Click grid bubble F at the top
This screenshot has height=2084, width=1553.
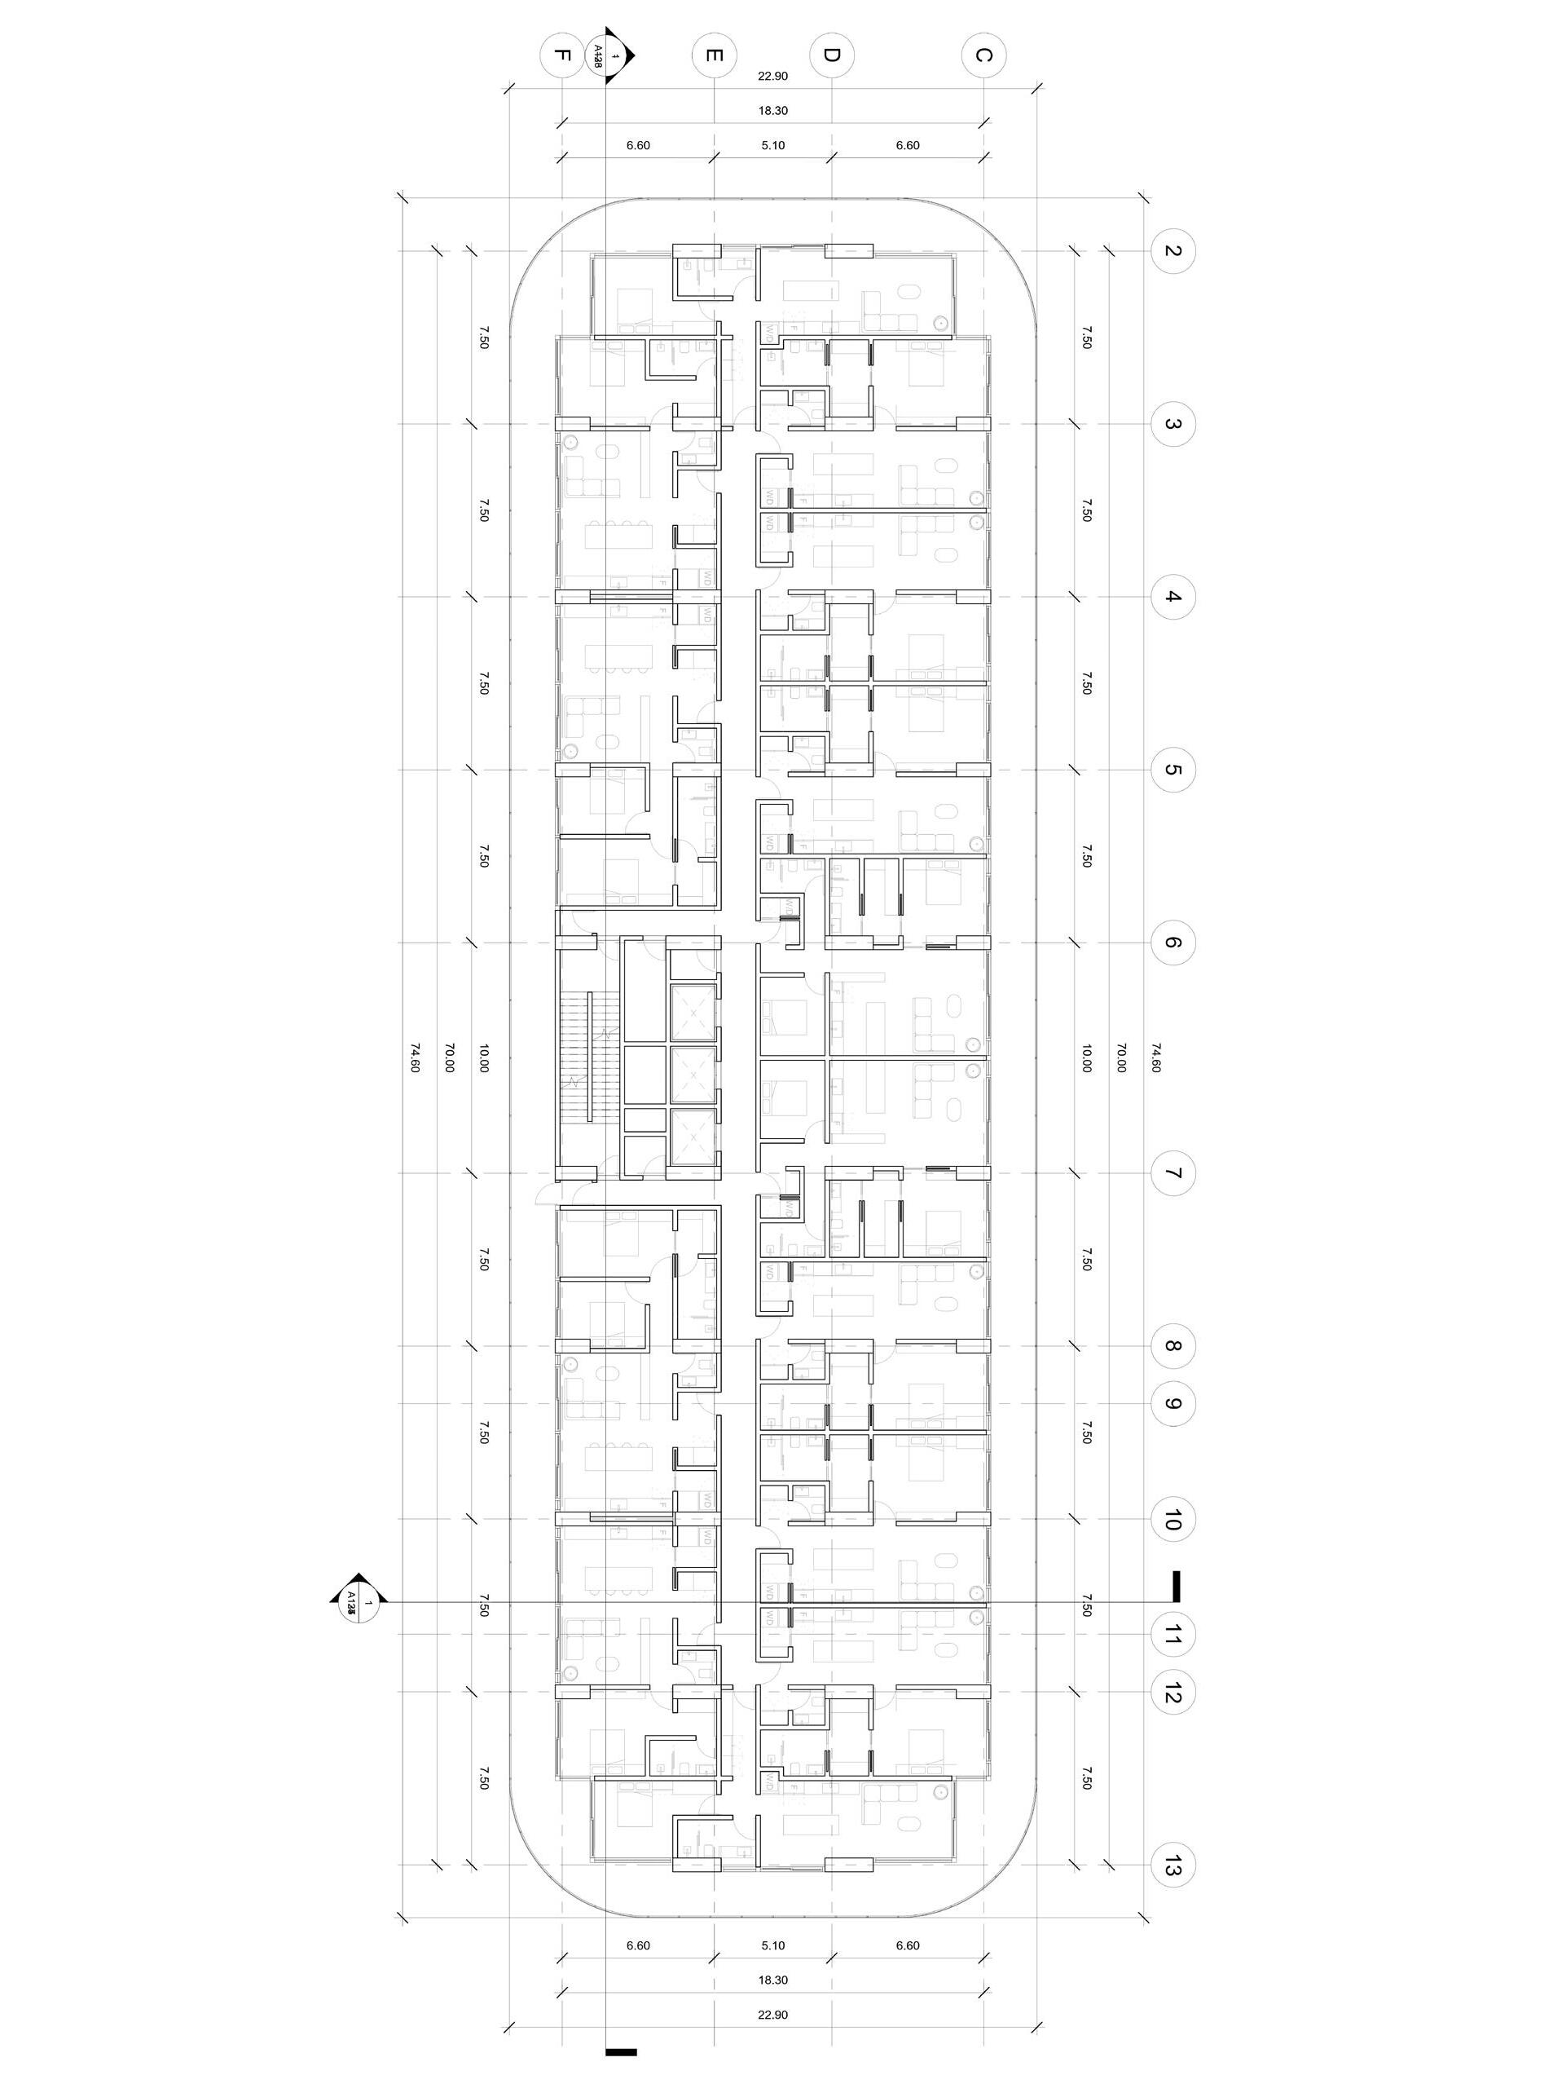(561, 55)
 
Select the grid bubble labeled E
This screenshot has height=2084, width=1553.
(714, 55)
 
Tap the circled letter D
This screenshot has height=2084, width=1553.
(831, 55)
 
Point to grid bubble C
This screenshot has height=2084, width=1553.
(983, 55)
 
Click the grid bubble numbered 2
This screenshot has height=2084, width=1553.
(1172, 251)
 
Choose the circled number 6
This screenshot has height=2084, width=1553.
(1172, 943)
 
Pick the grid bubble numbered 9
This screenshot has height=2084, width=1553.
(1172, 1404)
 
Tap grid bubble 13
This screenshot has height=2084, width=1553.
(1172, 1865)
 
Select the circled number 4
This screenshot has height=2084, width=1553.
(1172, 597)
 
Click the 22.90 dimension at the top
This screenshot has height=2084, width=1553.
(772, 75)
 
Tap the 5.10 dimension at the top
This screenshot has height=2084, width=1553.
(772, 146)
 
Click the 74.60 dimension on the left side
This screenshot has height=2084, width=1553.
(415, 1058)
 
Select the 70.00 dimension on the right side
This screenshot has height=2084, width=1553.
(1120, 1058)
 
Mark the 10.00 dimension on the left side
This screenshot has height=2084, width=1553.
(483, 1058)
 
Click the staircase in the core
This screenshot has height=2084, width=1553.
(585, 1057)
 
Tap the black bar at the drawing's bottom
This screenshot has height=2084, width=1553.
(622, 2043)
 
